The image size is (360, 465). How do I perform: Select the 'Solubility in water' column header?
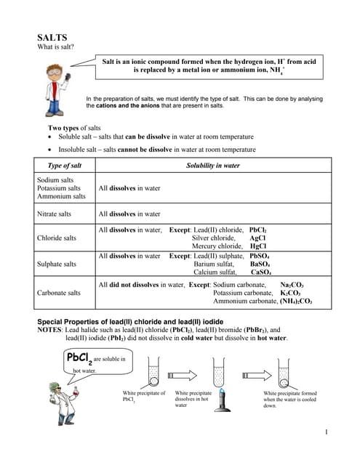pyautogui.click(x=213, y=166)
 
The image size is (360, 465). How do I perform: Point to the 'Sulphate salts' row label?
pyautogui.click(x=57, y=264)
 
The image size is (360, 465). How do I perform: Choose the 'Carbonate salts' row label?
pyautogui.click(x=60, y=293)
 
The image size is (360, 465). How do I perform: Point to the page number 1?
pyautogui.click(x=329, y=434)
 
